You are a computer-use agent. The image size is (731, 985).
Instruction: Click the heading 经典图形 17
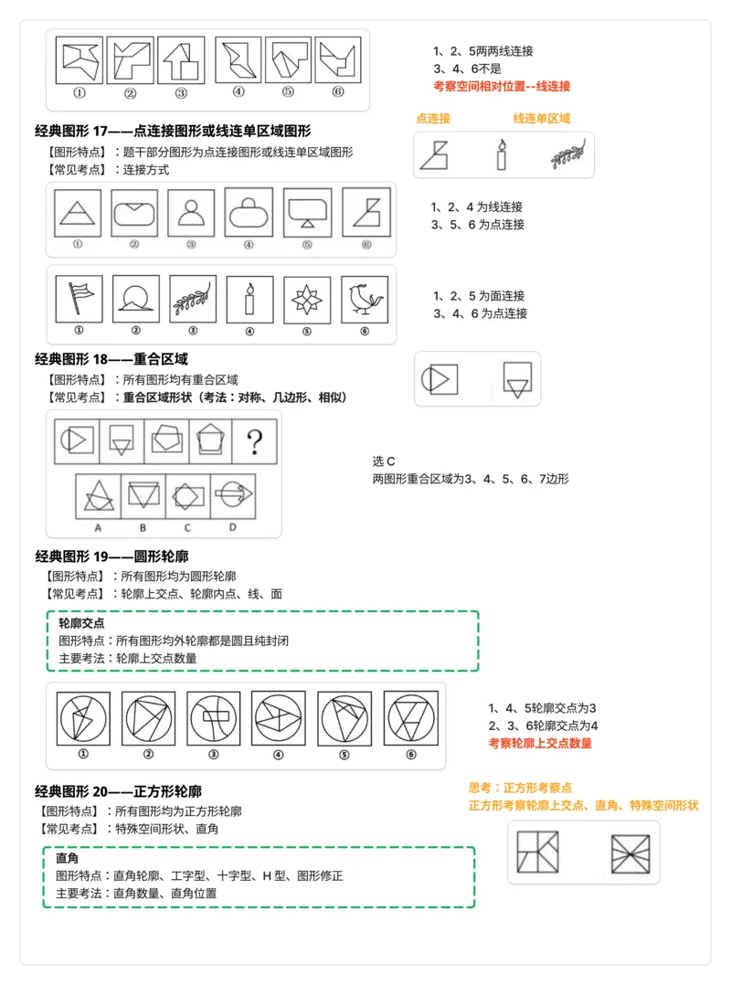pos(173,132)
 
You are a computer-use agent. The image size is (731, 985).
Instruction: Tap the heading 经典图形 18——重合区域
pos(111,359)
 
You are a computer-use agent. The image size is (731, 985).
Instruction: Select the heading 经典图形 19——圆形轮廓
pos(111,556)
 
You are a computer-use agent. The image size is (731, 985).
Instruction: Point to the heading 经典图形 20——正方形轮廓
pos(118,791)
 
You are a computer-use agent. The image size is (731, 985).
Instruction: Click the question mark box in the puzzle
pos(255,441)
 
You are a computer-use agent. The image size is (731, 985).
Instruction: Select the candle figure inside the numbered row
pos(249,298)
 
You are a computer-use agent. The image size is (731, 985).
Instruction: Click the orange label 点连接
pos(433,119)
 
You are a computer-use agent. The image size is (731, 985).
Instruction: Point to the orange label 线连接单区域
pos(542,119)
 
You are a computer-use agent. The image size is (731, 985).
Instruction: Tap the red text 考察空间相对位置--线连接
pos(502,86)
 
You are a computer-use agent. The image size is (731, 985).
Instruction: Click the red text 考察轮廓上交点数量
pos(540,743)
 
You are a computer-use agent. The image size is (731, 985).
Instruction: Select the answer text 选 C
pos(384,461)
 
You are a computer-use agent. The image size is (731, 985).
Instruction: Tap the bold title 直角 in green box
pos(67,858)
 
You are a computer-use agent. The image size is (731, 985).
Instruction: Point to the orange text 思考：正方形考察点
pos(520,788)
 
